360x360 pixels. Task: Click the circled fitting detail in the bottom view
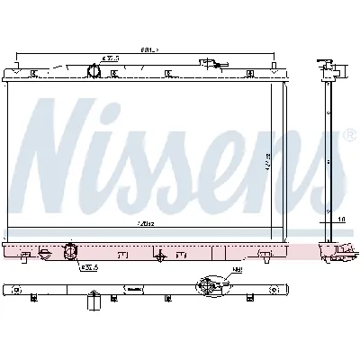(208, 287)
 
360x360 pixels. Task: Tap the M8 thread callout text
(236, 270)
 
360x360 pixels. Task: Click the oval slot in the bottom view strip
(131, 288)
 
